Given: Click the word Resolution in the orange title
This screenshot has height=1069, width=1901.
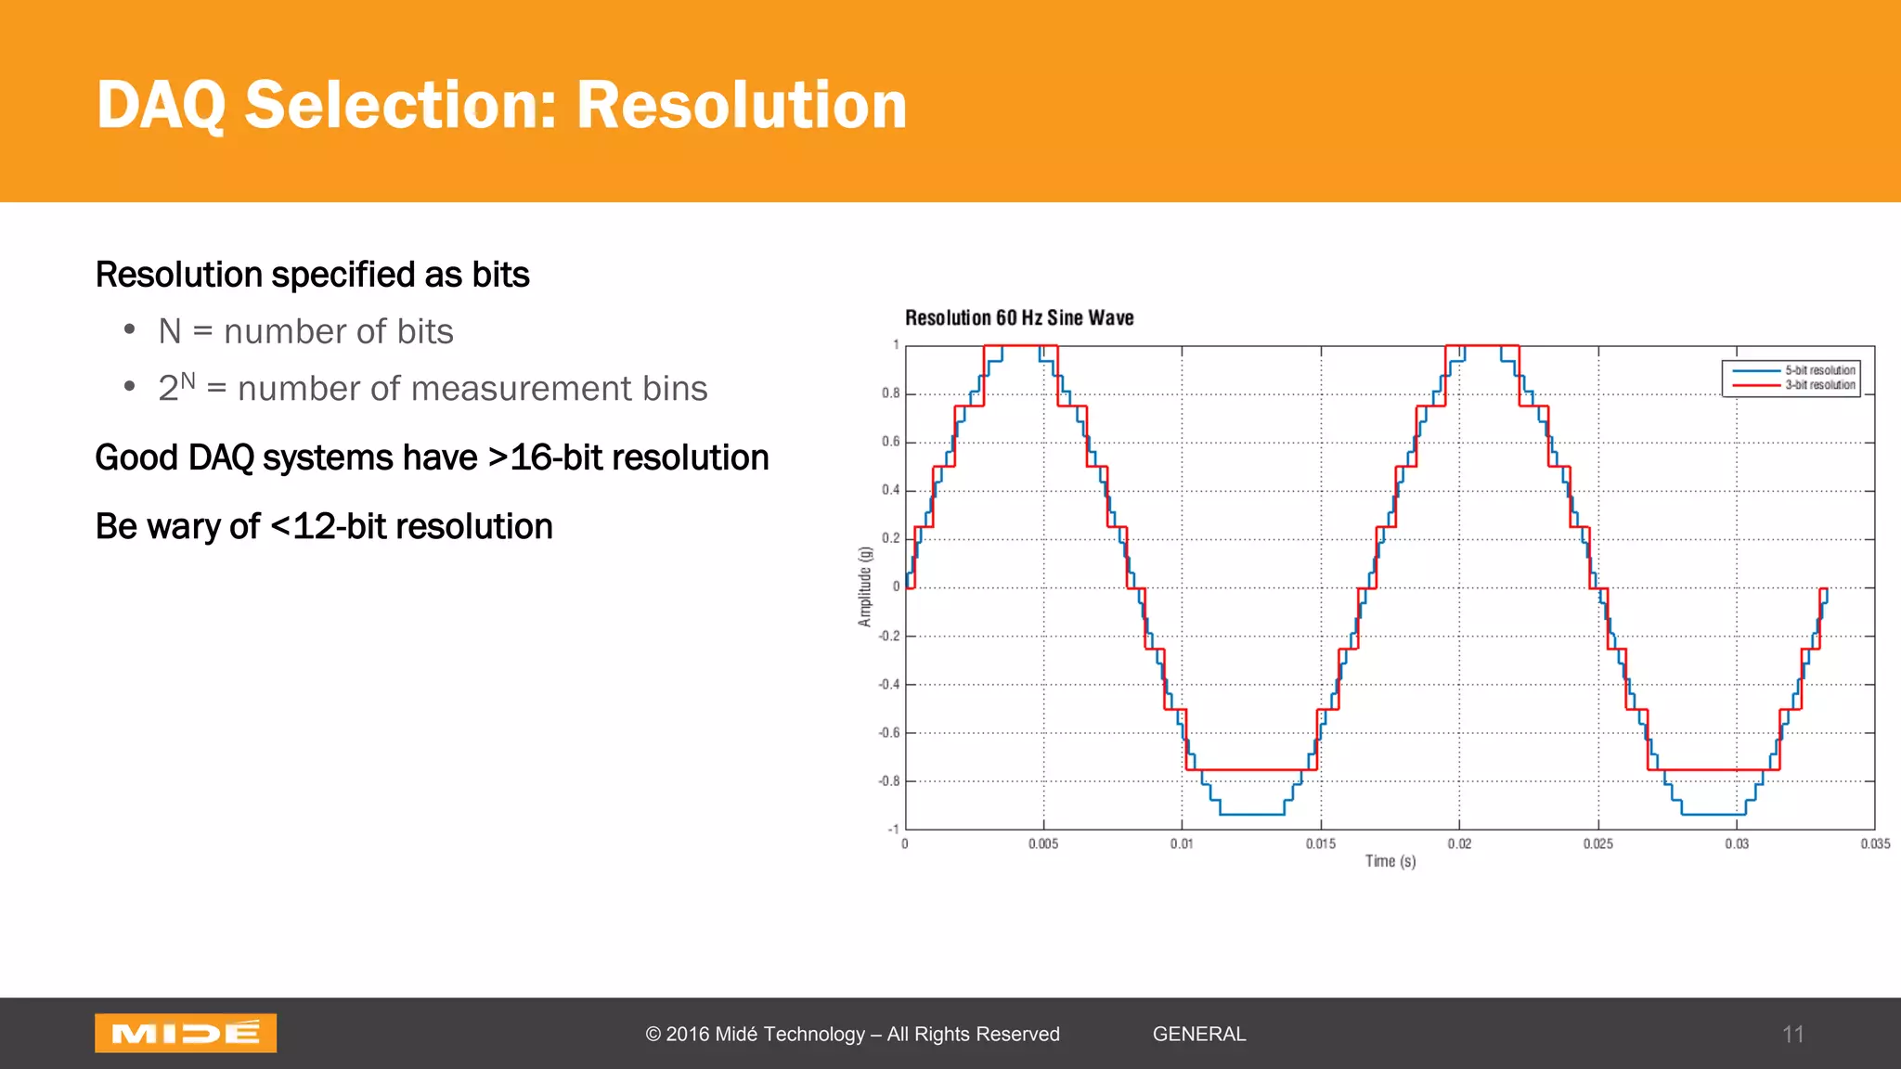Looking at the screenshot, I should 741,105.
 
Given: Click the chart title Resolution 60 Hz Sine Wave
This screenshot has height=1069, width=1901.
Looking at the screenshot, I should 1019,318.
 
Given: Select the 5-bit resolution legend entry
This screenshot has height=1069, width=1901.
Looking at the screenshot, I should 1819,370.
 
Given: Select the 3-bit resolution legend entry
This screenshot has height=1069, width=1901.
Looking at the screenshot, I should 1819,385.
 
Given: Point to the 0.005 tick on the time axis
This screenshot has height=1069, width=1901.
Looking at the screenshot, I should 1042,844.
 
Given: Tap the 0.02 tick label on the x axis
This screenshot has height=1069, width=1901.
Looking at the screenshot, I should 1459,844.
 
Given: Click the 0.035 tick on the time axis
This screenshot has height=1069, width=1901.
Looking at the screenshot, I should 1875,844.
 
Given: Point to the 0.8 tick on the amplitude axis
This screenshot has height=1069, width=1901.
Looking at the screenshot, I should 891,393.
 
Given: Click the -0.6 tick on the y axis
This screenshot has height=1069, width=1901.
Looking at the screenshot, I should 889,733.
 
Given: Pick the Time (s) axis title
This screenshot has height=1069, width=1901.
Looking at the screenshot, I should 1390,861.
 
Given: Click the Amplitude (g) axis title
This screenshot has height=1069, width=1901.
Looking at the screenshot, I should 865,586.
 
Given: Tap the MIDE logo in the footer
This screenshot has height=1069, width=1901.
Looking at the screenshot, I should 186,1033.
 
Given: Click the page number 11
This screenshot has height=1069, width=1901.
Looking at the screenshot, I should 1792,1035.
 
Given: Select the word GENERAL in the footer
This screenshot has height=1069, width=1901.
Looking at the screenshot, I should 1198,1034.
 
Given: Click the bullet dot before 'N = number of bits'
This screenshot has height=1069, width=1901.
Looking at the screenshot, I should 130,329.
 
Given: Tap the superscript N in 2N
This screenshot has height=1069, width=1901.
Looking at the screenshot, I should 188,380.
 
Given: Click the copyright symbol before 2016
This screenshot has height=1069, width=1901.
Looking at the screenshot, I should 653,1035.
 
